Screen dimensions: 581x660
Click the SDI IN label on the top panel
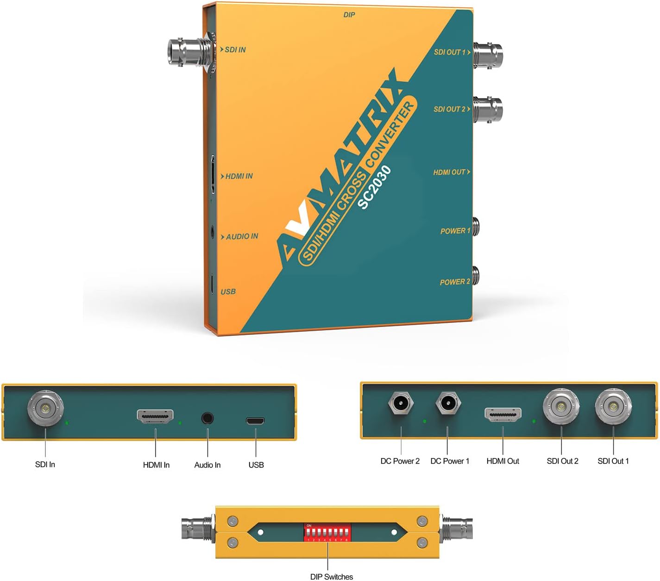click(x=235, y=49)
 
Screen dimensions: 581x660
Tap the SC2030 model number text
click(x=374, y=187)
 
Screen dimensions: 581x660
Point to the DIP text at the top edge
click(x=349, y=15)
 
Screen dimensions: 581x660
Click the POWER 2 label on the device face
click(x=455, y=282)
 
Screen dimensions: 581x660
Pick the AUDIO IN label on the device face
click(x=241, y=236)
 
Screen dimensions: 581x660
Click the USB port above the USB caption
click(x=255, y=421)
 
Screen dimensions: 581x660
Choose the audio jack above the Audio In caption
click(x=207, y=418)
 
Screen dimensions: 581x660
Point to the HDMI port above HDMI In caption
click(x=155, y=416)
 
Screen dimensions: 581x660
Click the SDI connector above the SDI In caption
click(x=45, y=409)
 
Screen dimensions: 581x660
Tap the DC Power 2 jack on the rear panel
click(x=401, y=403)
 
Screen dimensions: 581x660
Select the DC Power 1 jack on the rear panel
click(x=448, y=403)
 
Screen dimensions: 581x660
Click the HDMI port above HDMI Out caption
click(x=503, y=414)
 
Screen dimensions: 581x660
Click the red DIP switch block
click(x=327, y=532)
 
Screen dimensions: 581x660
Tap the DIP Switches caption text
click(x=331, y=576)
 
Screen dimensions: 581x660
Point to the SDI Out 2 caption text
click(x=562, y=461)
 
